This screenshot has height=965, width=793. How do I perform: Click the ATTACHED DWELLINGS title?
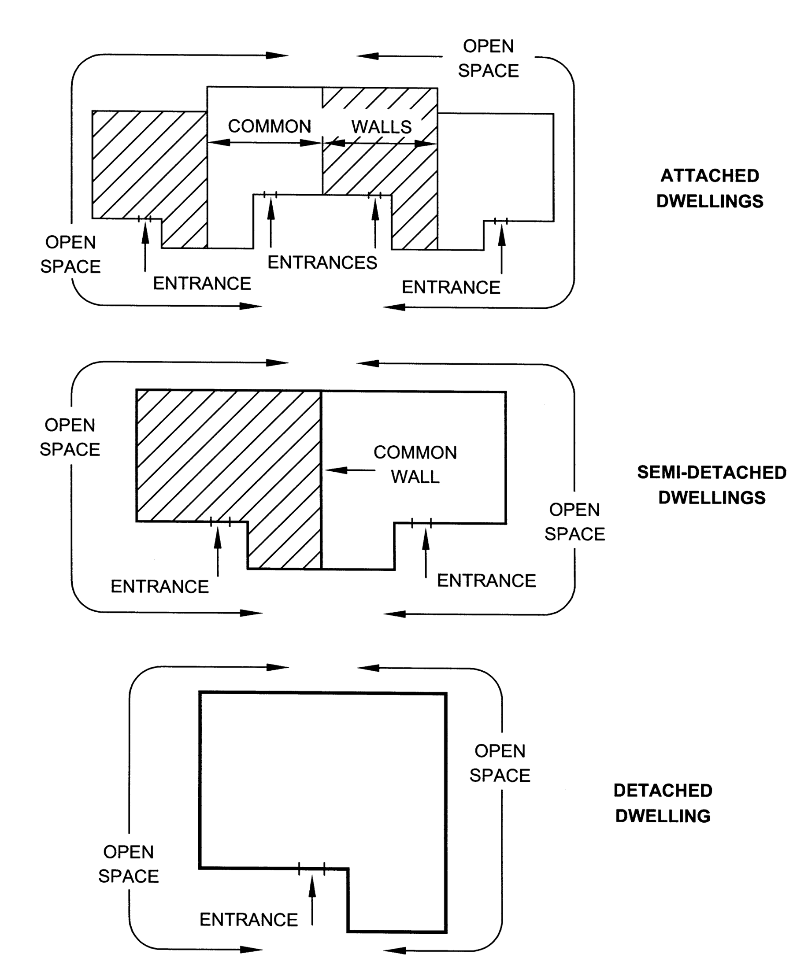tap(709, 188)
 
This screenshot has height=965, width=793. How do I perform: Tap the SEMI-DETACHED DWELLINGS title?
tap(711, 484)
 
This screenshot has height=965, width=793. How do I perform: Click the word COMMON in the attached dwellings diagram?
tap(270, 126)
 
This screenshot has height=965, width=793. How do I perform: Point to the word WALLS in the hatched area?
tap(382, 126)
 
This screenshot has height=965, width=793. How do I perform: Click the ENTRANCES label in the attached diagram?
tap(322, 263)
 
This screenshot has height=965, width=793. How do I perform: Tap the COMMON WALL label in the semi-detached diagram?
tap(415, 465)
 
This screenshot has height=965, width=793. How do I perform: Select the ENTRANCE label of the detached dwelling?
tap(248, 919)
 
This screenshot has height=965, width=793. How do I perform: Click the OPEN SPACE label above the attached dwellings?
tap(488, 59)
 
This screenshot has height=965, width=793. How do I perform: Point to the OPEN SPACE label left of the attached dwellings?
tap(70, 255)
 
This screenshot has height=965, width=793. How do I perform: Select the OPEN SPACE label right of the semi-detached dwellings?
tap(574, 521)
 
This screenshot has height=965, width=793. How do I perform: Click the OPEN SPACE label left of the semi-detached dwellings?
tap(70, 437)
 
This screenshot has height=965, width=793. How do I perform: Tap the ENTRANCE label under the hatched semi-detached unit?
tap(159, 586)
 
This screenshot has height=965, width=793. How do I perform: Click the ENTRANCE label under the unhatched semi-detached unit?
tap(486, 580)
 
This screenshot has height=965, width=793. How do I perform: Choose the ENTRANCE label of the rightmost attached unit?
tap(451, 287)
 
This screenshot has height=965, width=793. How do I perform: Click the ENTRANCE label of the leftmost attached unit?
tap(202, 284)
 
